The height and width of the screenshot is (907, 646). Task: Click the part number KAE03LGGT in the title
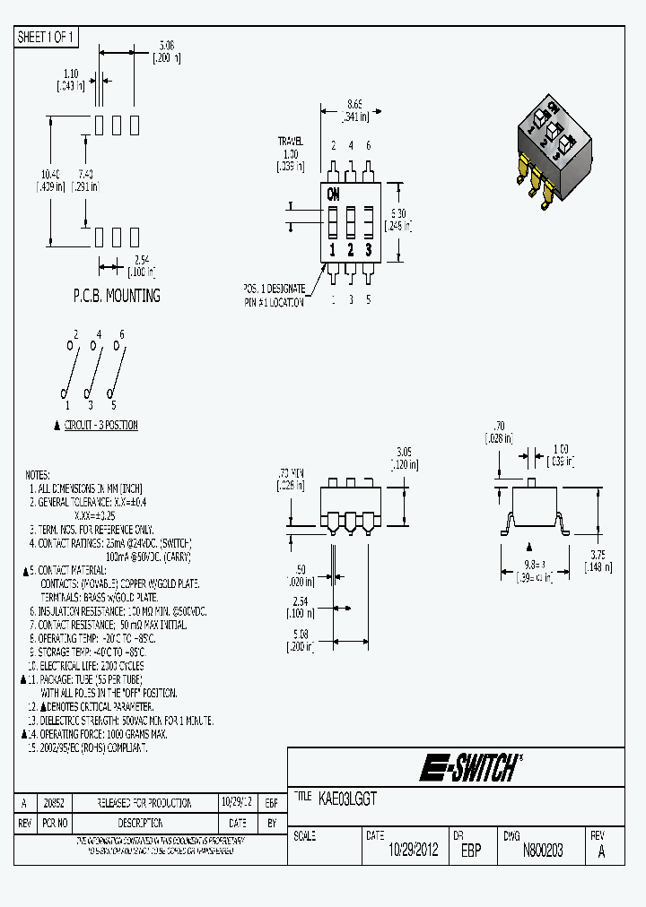pos(347,796)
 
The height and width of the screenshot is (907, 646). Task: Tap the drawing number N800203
pos(542,851)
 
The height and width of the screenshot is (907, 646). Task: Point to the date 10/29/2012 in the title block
pos(412,851)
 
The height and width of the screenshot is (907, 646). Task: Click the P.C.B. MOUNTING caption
pos(117,295)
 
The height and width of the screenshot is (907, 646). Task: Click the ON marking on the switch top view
pos(334,194)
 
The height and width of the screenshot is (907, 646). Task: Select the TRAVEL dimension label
pos(290,142)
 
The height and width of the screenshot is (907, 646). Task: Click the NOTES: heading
pos(38,475)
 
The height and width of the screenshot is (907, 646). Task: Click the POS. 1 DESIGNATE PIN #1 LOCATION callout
pos(274,295)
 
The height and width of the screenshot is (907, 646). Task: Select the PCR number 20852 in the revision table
pos(54,803)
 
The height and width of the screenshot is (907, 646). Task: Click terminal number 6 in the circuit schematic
pos(122,334)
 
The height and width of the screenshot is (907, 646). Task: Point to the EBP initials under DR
pos(471,851)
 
